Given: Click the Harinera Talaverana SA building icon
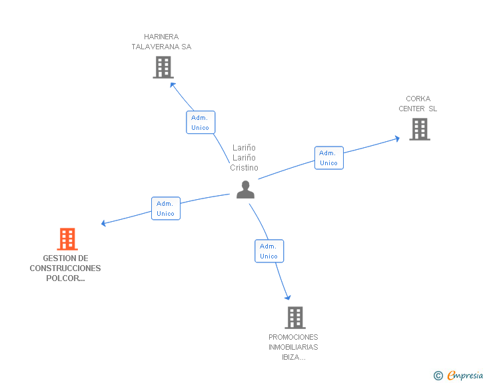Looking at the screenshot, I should [x=163, y=67].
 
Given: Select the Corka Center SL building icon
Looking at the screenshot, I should [x=420, y=129].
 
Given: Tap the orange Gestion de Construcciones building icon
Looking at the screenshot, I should [x=67, y=239].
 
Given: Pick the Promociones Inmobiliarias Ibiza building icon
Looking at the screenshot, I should [x=294, y=318].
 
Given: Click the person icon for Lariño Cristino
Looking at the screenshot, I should [x=245, y=190].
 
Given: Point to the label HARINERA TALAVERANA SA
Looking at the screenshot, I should [x=161, y=42].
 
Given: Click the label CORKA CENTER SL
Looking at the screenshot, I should [x=418, y=104].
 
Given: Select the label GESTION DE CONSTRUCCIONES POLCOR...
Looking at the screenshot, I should [x=65, y=268].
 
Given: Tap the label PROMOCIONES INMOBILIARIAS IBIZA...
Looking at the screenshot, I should [x=293, y=347].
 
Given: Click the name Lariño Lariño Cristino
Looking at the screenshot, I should [x=244, y=158].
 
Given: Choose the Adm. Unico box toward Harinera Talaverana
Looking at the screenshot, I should [x=200, y=123].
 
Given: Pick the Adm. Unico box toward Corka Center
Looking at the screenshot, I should [x=328, y=158].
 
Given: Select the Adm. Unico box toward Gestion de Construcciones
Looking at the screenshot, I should [x=165, y=208].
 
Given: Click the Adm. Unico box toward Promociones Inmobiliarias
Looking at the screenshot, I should [x=268, y=251].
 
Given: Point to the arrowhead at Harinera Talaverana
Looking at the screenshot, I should [x=173, y=85].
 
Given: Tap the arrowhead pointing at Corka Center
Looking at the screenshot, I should [x=396, y=139].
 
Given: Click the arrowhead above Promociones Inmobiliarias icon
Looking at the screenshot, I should [x=288, y=296].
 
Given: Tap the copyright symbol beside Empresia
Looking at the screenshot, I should [x=438, y=376].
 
